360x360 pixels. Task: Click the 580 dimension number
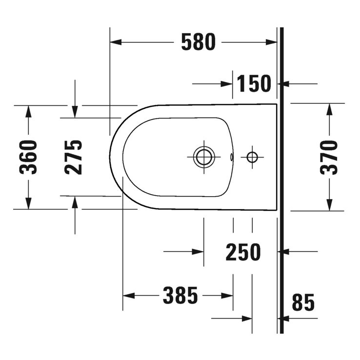(198, 42)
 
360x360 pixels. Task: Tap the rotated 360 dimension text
(28, 157)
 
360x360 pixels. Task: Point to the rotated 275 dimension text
(74, 157)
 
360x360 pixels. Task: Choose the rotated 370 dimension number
(329, 157)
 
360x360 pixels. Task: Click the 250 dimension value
(243, 252)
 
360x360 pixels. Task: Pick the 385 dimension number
(180, 296)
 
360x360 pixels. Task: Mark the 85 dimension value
(303, 303)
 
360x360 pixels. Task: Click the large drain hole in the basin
(202, 157)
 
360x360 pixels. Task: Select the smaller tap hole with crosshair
(252, 157)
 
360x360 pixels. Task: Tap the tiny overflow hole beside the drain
(232, 157)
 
